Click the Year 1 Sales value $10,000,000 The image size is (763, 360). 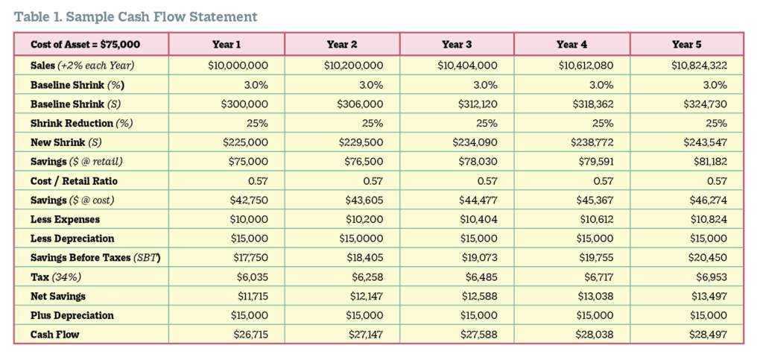pyautogui.click(x=238, y=66)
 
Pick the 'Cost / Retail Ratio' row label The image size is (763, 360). pyautogui.click(x=74, y=181)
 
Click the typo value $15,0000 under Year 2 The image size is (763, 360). pyautogui.click(x=364, y=239)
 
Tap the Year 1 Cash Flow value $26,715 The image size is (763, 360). pyautogui.click(x=247, y=335)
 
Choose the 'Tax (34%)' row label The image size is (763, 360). pyautogui.click(x=57, y=277)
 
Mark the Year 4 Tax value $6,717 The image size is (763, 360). pyautogui.click(x=595, y=277)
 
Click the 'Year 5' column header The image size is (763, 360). pyautogui.click(x=687, y=45)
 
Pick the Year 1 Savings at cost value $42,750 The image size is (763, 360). pyautogui.click(x=247, y=200)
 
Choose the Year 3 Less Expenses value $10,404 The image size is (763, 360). pyautogui.click(x=477, y=220)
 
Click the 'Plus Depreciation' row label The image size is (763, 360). pyautogui.click(x=72, y=315)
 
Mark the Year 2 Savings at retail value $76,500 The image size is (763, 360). pyautogui.click(x=363, y=162)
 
